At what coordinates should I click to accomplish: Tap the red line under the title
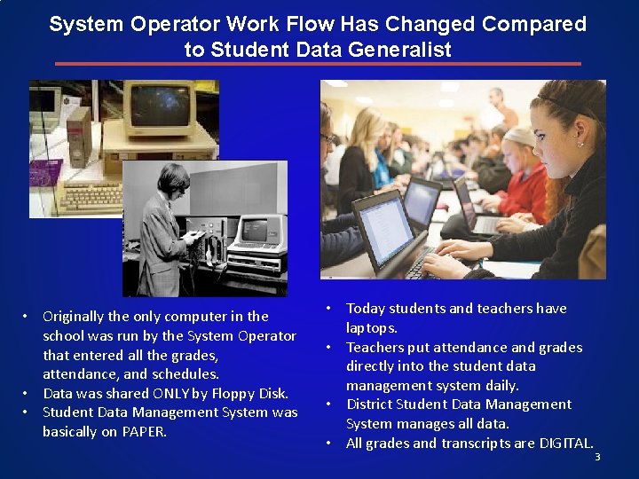click(318, 64)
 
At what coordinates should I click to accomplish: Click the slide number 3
click(597, 457)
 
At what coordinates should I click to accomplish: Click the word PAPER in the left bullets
click(145, 432)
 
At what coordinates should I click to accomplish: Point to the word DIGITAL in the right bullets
click(565, 444)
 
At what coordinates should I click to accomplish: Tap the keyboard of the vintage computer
click(89, 197)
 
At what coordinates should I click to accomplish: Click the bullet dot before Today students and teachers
click(327, 308)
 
